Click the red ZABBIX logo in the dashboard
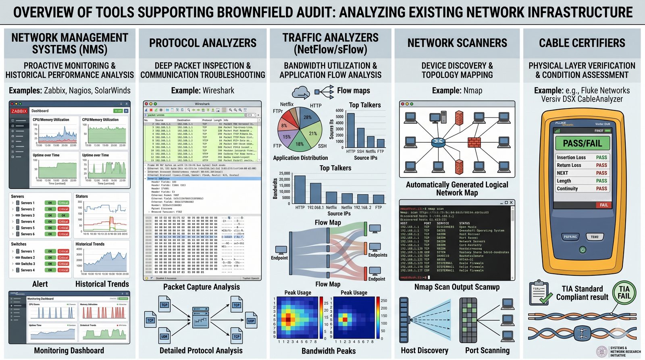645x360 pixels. [x=19, y=111]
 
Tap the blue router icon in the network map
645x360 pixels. [x=437, y=142]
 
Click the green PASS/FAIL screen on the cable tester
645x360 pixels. [x=582, y=143]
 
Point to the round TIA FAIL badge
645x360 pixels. [x=624, y=293]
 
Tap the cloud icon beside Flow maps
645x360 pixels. [x=301, y=93]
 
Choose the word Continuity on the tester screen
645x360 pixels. [x=567, y=189]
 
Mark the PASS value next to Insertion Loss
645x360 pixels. [x=601, y=158]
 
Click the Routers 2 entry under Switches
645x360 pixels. [x=28, y=258]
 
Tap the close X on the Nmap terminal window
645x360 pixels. [x=511, y=202]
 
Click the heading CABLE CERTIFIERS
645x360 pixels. [x=582, y=43]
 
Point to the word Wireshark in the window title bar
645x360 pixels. [x=202, y=104]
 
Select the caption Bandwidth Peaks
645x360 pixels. [x=329, y=351]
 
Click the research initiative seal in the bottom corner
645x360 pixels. [x=602, y=351]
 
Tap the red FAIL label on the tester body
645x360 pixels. [x=603, y=205]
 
